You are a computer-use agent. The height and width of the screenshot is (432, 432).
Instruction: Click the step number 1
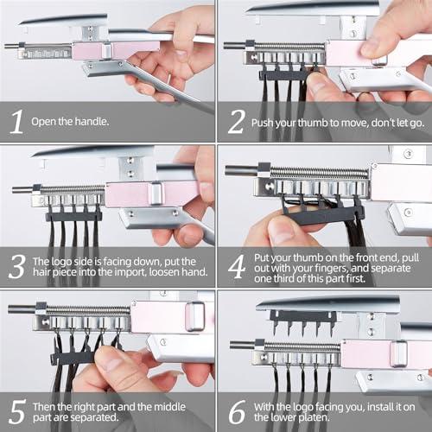(x=16, y=123)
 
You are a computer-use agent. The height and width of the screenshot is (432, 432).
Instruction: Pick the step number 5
(x=16, y=411)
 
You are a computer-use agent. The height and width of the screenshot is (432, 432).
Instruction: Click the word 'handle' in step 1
(x=91, y=122)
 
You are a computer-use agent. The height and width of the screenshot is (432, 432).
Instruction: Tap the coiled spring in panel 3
(x=73, y=188)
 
